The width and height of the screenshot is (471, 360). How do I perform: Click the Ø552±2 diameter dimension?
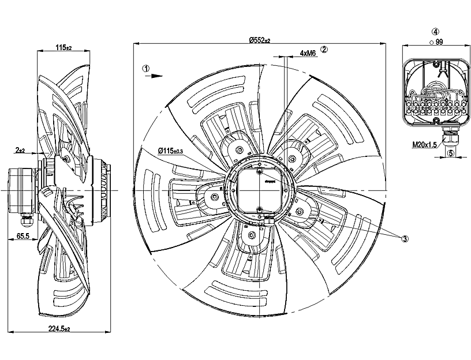(260, 40)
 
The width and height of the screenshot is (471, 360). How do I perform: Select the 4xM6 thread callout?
(308, 53)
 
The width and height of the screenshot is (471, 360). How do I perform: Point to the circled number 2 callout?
(324, 50)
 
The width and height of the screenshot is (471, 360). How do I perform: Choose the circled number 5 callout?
(451, 153)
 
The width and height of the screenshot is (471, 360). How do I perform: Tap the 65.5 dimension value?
(24, 237)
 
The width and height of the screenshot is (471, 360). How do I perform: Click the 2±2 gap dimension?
(20, 150)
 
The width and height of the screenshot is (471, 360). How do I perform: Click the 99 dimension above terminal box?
(439, 43)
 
